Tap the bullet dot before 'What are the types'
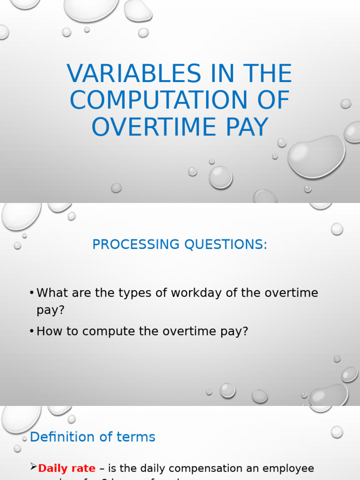click(31, 293)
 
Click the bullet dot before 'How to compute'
click(31, 332)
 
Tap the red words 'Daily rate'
click(67, 468)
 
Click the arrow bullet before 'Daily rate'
click(33, 467)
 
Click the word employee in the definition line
click(290, 468)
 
